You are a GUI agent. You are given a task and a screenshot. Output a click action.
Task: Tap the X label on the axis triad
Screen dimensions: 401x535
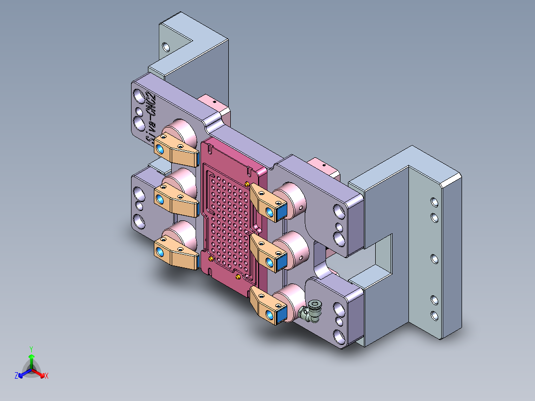coord(47,376)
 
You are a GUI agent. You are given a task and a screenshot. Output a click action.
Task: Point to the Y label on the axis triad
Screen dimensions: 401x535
coord(31,349)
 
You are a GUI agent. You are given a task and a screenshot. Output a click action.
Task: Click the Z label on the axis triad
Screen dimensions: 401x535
coord(16,376)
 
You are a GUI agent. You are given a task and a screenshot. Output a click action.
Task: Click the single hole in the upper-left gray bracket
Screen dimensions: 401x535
coord(166,47)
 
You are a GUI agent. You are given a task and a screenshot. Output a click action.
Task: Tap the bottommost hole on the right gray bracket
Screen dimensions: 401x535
coord(434,315)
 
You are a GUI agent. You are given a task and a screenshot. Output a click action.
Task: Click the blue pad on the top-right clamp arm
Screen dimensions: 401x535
coord(281,212)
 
